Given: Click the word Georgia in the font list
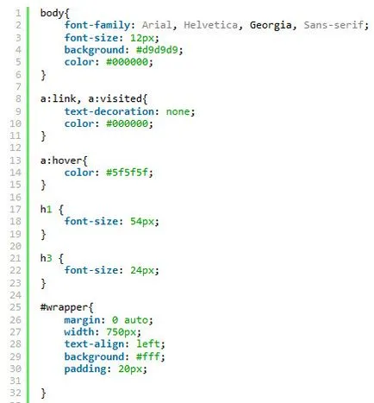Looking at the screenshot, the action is (x=271, y=25).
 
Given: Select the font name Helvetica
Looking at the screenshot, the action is (x=210, y=25).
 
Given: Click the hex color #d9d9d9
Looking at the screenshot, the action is (x=157, y=50).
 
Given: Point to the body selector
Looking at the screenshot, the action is (x=52, y=13).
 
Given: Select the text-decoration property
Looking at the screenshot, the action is (x=109, y=111).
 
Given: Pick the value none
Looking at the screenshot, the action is (x=178, y=111).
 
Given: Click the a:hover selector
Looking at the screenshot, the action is (x=61, y=161).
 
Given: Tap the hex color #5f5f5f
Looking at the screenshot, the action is (x=127, y=173).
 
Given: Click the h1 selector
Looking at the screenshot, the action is (x=46, y=209).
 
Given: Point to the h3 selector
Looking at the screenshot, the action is (x=46, y=258).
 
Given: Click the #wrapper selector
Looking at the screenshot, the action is (x=64, y=307).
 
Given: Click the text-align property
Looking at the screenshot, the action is (x=94, y=344).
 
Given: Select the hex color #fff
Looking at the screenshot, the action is (x=147, y=356).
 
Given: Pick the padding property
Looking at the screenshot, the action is (x=85, y=369).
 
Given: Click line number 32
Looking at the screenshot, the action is (x=16, y=393).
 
